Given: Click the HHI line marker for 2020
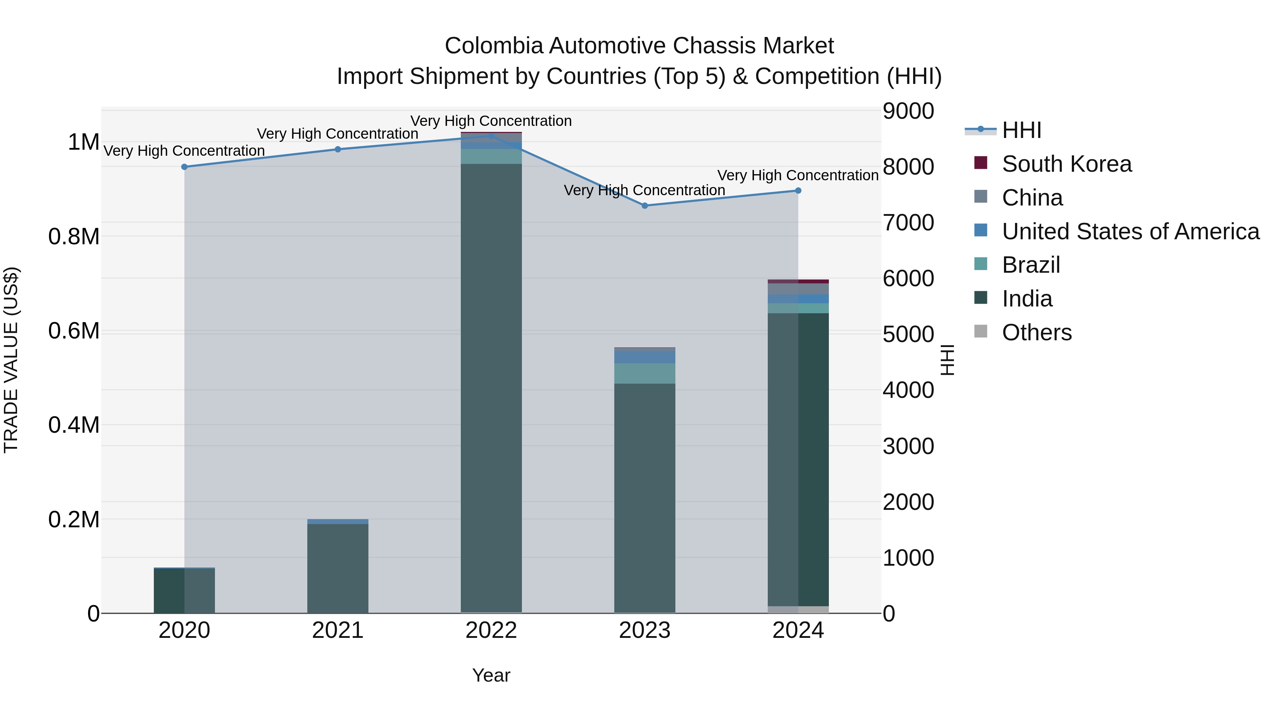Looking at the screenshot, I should (184, 167).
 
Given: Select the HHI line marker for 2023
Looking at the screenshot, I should (644, 206).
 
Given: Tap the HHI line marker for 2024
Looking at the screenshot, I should (798, 191).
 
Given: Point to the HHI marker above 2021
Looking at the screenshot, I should (338, 150).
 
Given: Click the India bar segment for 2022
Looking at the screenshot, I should (491, 388).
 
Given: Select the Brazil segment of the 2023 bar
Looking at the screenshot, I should (644, 373).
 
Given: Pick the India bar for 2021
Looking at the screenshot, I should (338, 568).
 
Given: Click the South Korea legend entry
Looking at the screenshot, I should (1067, 164).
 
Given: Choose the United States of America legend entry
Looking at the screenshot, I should (1130, 231).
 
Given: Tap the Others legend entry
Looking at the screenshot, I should (1036, 332).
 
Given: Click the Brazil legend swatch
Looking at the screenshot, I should (981, 264).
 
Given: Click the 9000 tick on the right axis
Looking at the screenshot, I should (908, 111).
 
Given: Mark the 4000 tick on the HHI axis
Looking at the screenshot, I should (908, 390).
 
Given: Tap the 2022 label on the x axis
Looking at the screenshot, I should (491, 630).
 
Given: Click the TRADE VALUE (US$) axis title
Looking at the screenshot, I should (11, 360).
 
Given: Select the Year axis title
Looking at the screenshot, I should (491, 675).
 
